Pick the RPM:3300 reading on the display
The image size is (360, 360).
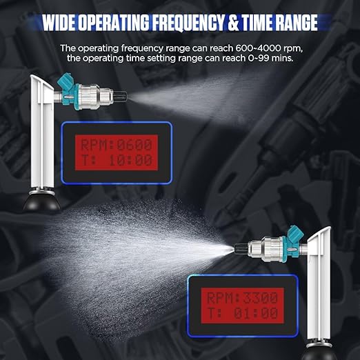[x=239, y=298]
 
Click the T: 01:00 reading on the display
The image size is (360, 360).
[x=239, y=313]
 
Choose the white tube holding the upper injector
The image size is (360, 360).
[x=40, y=138]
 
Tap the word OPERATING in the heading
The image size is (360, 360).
[x=118, y=23]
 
